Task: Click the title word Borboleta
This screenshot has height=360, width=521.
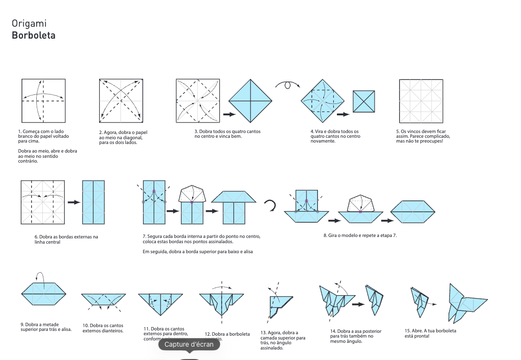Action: (33, 35)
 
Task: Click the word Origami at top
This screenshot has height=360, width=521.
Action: (29, 23)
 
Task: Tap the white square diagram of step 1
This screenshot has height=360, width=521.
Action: (43, 101)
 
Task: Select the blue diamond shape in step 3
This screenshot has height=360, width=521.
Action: (250, 101)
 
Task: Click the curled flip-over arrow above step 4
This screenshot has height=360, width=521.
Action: (286, 85)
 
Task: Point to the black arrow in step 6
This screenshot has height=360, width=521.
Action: (74, 202)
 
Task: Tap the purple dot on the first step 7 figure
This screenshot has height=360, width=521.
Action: (154, 191)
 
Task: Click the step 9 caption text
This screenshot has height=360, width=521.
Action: (45, 327)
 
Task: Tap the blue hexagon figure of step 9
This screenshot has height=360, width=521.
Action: (43, 294)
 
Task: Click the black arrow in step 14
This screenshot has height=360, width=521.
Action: (358, 304)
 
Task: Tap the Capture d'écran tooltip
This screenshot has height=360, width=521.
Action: (189, 344)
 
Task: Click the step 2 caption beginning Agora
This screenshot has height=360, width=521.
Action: (121, 137)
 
